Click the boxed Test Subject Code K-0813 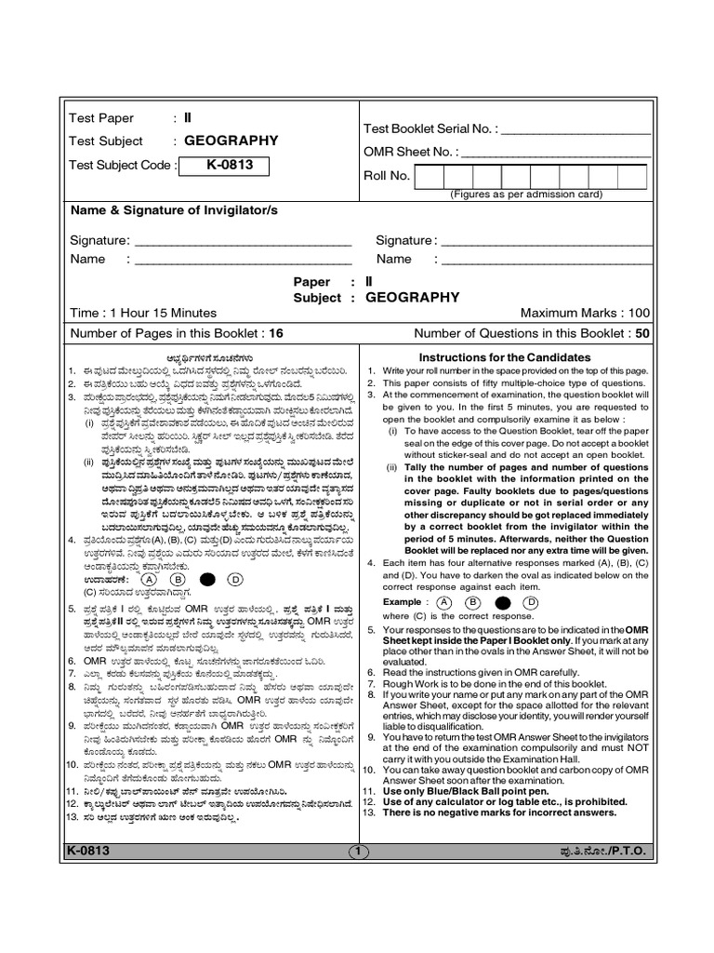pos(223,166)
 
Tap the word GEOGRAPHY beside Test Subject pos(231,141)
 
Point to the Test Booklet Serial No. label pos(430,129)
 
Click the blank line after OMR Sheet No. pos(555,152)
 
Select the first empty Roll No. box pos(430,176)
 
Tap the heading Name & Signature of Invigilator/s pos(175,210)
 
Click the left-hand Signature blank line pos(244,241)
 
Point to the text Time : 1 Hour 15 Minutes pos(142,314)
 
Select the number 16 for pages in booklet pos(276,333)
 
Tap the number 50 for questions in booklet pos(642,333)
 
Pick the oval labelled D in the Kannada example pos(235,578)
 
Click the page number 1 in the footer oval pos(358,851)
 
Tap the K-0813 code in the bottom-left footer pos(89,851)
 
